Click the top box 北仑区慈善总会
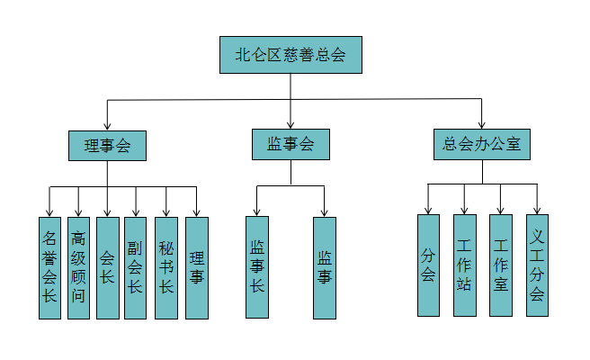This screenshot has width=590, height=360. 291,55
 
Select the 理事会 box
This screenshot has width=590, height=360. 107,146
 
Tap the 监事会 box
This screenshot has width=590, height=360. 291,144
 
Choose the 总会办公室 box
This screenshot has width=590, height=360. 482,144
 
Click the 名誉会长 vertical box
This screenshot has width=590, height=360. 49,267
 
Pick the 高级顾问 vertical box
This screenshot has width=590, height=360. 78,267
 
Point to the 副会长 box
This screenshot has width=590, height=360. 136,267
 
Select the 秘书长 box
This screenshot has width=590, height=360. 165,267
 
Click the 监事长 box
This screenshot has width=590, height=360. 257,267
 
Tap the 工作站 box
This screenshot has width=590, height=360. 464,265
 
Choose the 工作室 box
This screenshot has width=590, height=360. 501,265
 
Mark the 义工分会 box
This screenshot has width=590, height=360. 537,265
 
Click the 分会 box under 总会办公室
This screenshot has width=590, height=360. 428,265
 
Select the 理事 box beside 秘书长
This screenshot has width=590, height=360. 196,267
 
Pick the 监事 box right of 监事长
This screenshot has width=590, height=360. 325,267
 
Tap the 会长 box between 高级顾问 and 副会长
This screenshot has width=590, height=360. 107,267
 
